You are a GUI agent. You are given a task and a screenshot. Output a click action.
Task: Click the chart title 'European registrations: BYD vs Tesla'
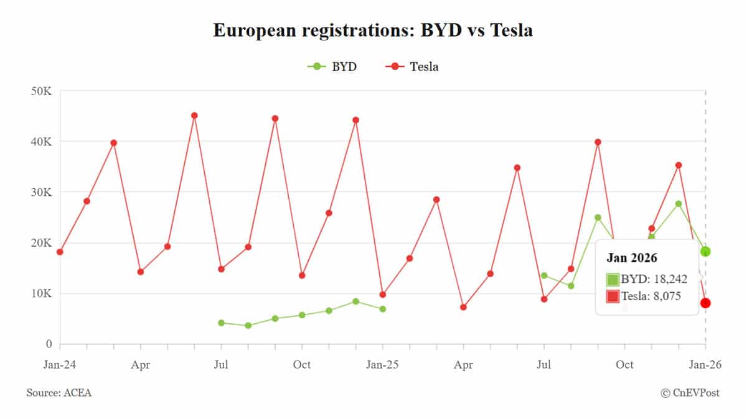tap(373, 30)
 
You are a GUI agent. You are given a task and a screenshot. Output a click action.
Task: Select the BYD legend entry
tap(332, 67)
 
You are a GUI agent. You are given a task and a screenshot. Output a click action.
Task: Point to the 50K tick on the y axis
tap(41, 91)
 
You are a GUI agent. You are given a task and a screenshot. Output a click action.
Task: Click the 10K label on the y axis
tap(41, 293)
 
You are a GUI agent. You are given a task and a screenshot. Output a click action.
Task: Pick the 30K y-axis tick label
tap(41, 193)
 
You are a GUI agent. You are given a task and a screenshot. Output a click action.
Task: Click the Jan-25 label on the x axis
tap(382, 365)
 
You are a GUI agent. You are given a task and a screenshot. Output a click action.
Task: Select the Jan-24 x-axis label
tap(60, 365)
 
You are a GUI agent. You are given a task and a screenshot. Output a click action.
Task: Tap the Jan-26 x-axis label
tap(705, 365)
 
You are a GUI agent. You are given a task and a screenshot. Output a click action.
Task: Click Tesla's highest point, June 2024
tap(194, 116)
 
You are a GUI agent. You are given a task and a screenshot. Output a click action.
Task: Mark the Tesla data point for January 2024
tap(60, 252)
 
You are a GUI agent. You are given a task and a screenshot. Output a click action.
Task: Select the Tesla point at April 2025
tap(463, 307)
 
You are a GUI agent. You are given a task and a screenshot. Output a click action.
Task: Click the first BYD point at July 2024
tap(221, 323)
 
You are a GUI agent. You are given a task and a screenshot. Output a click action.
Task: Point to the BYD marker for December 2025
tap(679, 204)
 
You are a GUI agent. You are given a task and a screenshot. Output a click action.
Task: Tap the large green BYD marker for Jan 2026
tap(705, 251)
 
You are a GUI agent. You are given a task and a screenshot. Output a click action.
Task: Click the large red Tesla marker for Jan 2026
tap(705, 303)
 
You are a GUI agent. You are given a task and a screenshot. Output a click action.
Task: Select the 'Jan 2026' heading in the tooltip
tap(632, 258)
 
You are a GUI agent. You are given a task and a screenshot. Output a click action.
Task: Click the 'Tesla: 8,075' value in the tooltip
tap(651, 297)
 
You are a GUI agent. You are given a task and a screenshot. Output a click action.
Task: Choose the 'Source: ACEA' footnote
tap(59, 394)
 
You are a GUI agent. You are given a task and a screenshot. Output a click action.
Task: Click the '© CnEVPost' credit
tap(690, 394)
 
